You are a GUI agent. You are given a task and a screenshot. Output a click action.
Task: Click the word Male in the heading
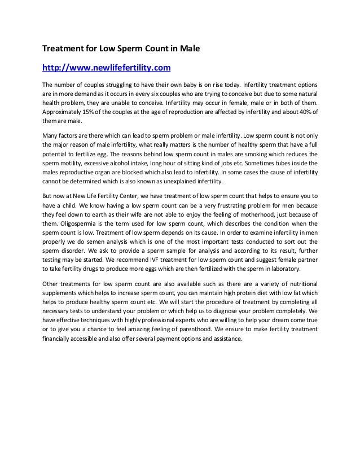189,49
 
